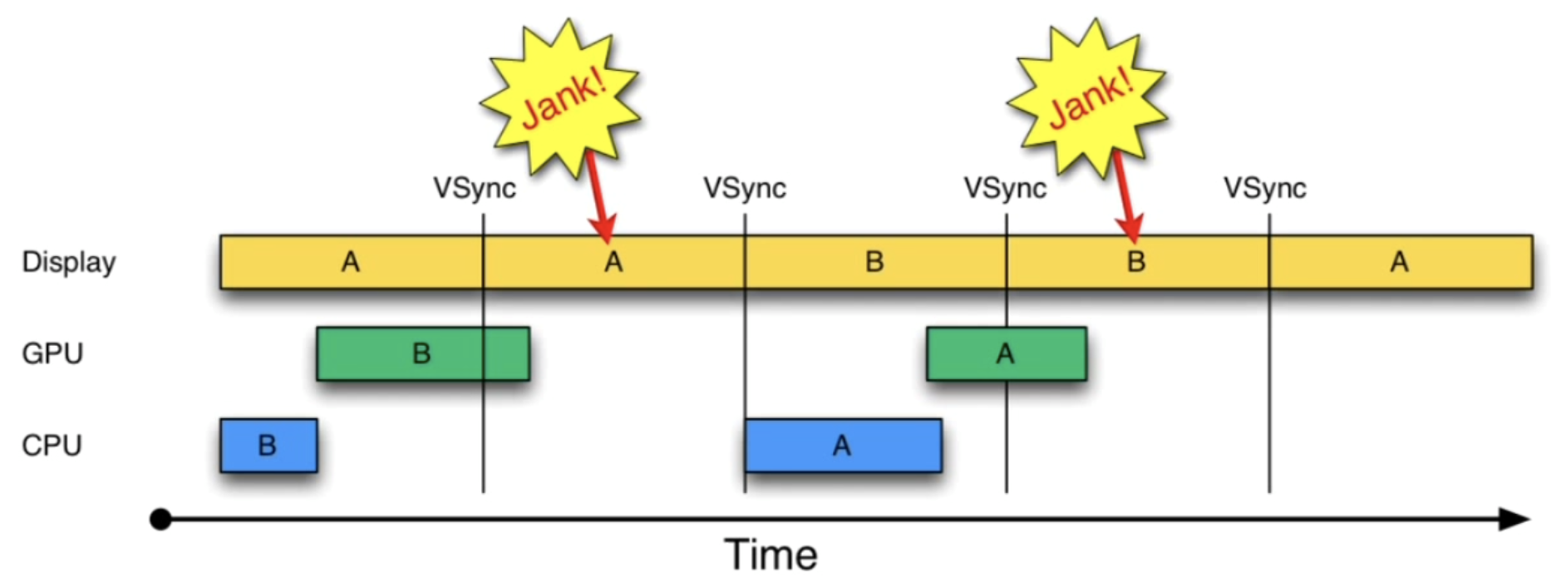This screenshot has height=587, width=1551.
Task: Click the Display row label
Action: point(68,263)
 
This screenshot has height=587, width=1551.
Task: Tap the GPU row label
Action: point(52,354)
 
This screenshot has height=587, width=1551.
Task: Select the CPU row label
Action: point(52,446)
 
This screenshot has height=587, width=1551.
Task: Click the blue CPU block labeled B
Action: point(268,446)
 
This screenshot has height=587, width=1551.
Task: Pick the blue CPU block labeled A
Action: point(842,446)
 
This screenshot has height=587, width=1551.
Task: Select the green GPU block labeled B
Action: point(422,354)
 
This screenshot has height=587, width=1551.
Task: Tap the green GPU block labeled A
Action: point(1006,354)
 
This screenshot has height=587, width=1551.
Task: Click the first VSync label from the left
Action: point(475,189)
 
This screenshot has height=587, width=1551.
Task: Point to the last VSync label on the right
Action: point(1264,189)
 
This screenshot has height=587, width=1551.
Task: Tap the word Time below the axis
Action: point(771,555)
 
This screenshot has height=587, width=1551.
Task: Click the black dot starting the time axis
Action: point(160,520)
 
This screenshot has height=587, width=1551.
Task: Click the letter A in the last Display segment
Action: point(1400,263)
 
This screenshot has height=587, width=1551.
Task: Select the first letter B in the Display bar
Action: point(874,263)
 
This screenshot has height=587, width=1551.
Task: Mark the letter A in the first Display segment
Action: point(351,263)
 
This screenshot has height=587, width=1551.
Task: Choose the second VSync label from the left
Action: point(745,189)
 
